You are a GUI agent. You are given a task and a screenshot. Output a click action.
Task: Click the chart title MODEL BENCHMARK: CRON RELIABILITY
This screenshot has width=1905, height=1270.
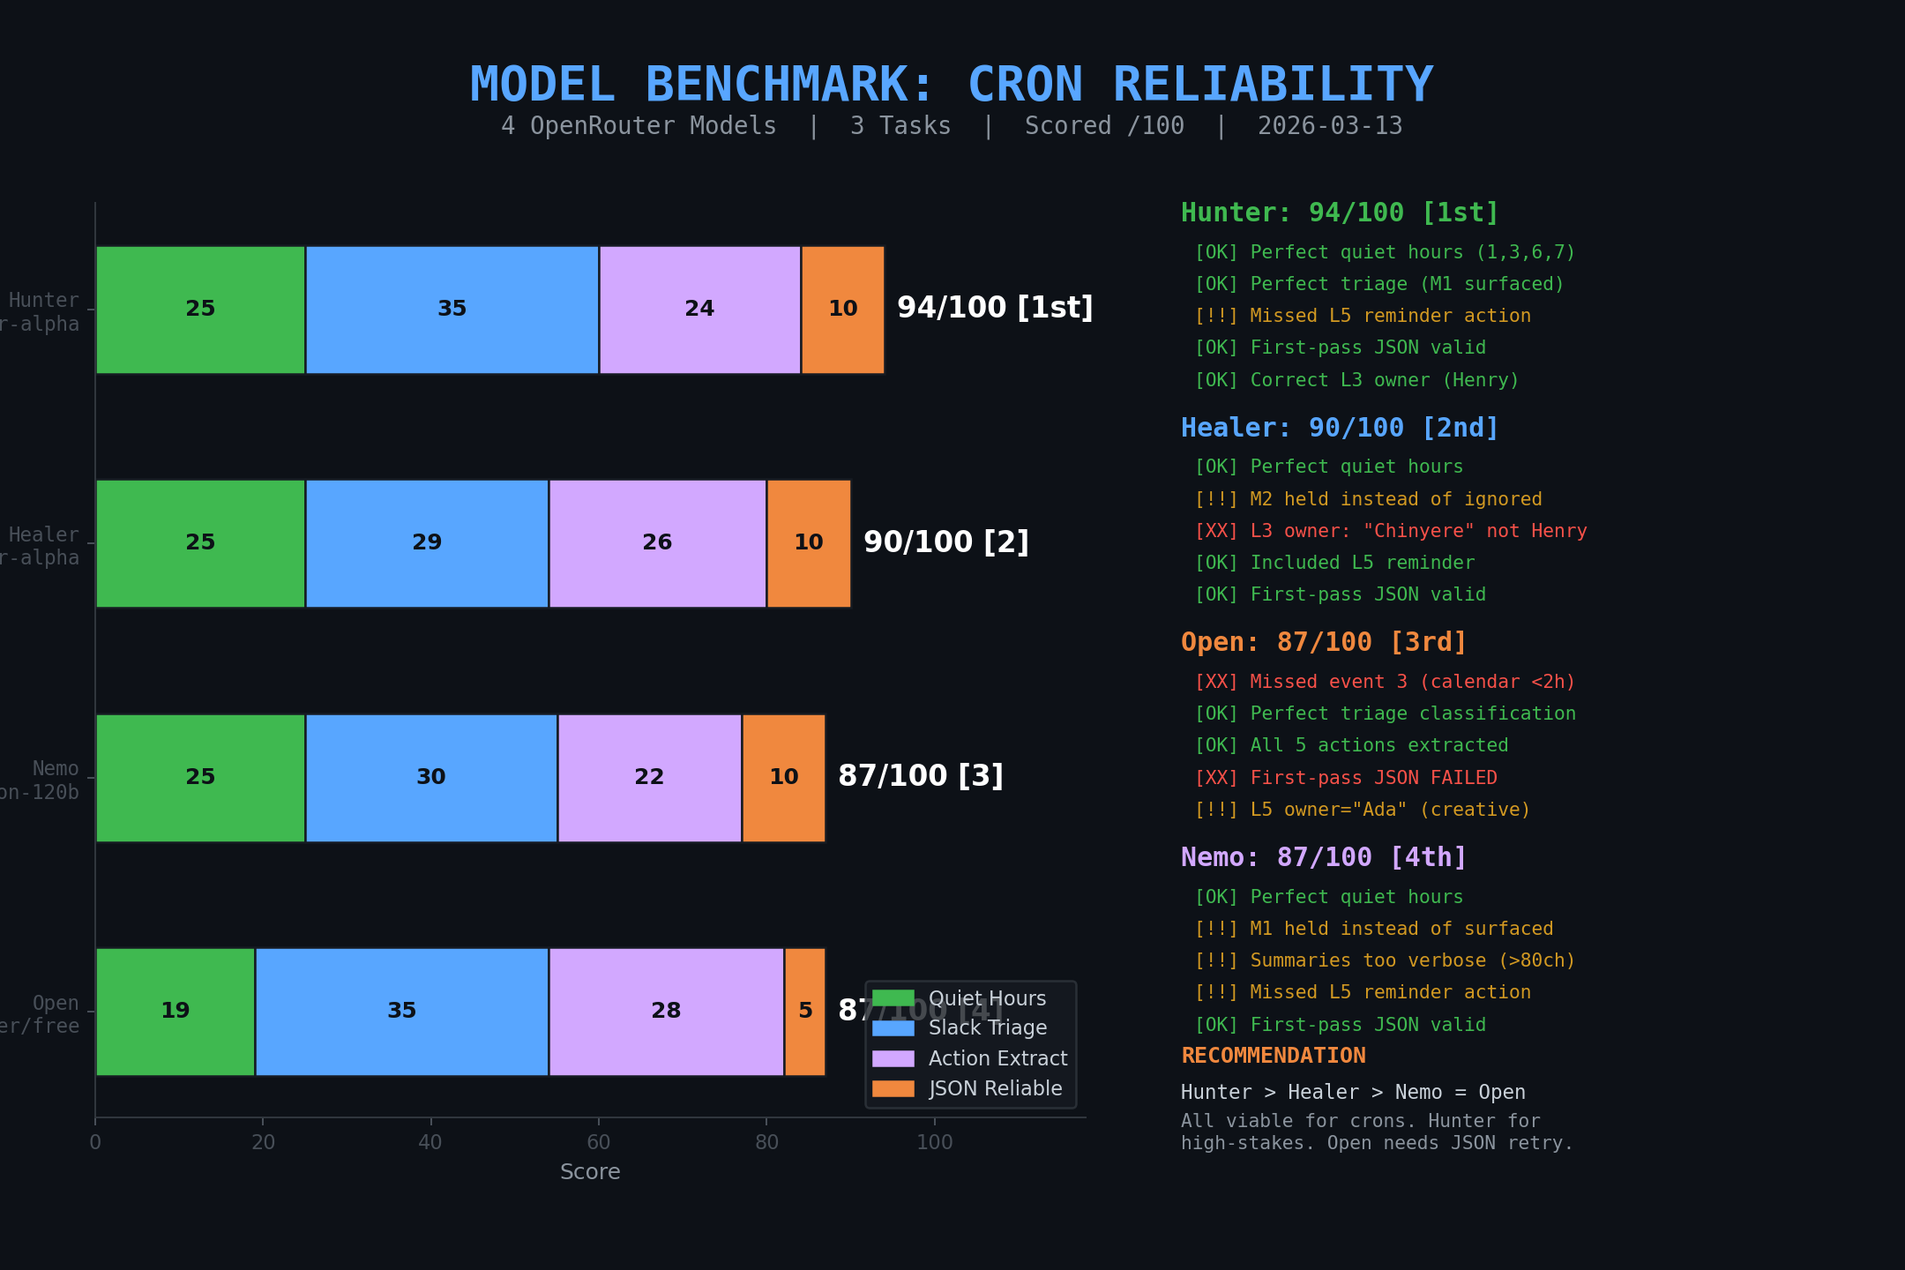pyautogui.click(x=952, y=85)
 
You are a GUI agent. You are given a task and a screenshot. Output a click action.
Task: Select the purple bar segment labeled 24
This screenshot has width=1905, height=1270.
pyautogui.click(x=699, y=310)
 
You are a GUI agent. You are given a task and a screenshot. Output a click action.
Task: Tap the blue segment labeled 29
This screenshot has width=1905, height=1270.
pyautogui.click(x=427, y=543)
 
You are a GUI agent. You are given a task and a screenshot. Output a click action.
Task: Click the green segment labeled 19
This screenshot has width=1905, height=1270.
pyautogui.click(x=175, y=1012)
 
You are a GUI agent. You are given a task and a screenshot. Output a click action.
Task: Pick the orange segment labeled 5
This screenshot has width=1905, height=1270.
pyautogui.click(x=805, y=1012)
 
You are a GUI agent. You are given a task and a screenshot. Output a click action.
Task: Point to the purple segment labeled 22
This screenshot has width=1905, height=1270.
pyautogui.click(x=649, y=778)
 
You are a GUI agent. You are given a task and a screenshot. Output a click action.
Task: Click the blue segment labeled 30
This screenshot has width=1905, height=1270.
pyautogui.click(x=431, y=778)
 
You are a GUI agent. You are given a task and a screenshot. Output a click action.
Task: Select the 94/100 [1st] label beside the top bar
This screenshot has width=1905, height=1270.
pyautogui.click(x=995, y=308)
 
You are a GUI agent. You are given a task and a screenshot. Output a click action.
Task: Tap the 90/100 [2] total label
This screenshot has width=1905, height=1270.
pyautogui.click(x=946, y=542)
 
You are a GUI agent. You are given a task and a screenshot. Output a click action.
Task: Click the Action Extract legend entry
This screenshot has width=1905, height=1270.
pyautogui.click(x=997, y=1058)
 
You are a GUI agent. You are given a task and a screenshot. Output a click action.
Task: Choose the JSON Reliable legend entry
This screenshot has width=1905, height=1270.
pyautogui.click(x=994, y=1088)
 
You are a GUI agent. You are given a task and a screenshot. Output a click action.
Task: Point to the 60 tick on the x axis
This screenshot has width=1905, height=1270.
pyautogui.click(x=599, y=1142)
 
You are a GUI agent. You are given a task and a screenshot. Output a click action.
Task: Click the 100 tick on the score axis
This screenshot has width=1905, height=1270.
pyautogui.click(x=935, y=1142)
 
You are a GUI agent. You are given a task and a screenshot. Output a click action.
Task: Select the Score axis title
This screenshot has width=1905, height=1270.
pyautogui.click(x=590, y=1172)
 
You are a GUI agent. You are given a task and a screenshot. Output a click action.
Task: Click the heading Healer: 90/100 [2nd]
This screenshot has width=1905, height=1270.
pyautogui.click(x=1340, y=428)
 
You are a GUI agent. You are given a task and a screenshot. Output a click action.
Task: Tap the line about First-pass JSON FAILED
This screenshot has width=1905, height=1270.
pyautogui.click(x=1346, y=778)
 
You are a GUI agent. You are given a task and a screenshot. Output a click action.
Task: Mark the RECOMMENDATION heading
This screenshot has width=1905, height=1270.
pyautogui.click(x=1273, y=1056)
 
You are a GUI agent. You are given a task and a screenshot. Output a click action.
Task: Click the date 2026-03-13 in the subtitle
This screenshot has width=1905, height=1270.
pyautogui.click(x=1330, y=126)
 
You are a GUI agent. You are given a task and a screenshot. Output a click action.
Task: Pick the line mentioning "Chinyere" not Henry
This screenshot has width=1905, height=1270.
pyautogui.click(x=1391, y=531)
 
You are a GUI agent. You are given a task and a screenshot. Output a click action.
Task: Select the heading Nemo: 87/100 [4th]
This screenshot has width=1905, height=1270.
pyautogui.click(x=1324, y=857)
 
